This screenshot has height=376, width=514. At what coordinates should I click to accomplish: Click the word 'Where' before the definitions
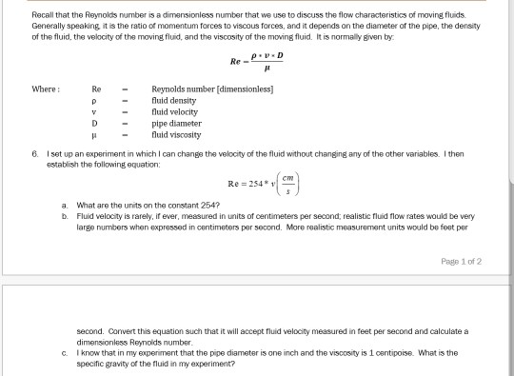click(x=46, y=89)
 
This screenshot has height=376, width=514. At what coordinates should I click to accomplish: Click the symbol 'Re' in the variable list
click(x=95, y=89)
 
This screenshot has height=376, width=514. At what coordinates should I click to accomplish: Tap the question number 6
click(x=33, y=151)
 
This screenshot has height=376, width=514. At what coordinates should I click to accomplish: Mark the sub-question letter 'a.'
click(x=63, y=205)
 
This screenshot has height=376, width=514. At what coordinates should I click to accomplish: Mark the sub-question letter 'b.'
click(x=63, y=214)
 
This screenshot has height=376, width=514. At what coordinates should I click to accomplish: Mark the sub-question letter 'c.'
click(x=63, y=351)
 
